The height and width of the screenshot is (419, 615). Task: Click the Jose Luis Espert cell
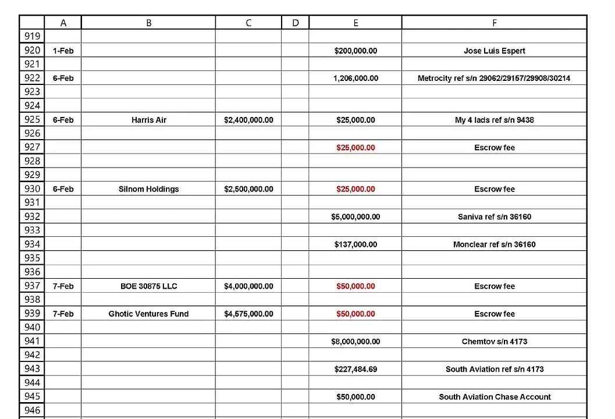494,51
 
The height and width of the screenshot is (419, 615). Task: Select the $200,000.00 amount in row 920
356,51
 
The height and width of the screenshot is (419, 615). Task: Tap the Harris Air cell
148,120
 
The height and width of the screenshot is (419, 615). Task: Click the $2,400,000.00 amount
248,120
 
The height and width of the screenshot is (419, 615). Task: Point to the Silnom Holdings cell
148,189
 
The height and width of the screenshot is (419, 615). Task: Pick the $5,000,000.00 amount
356,217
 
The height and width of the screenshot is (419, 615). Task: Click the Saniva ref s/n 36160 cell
494,217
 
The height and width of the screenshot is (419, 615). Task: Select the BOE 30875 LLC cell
148,286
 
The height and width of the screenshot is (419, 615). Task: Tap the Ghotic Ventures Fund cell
148,314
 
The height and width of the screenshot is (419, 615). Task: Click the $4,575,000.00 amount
248,314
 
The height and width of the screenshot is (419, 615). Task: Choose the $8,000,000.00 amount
356,342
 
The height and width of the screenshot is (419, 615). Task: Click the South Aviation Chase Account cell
495,397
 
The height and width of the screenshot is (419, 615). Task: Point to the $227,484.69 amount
356,369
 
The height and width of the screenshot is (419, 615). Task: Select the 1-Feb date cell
63,51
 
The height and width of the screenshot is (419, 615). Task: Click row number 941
32,342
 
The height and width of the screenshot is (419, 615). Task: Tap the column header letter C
248,23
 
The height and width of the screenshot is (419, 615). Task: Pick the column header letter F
494,23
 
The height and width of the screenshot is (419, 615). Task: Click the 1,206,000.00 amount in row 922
356,78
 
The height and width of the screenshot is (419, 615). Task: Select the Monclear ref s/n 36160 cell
494,244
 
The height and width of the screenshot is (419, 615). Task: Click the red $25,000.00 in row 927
356,148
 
